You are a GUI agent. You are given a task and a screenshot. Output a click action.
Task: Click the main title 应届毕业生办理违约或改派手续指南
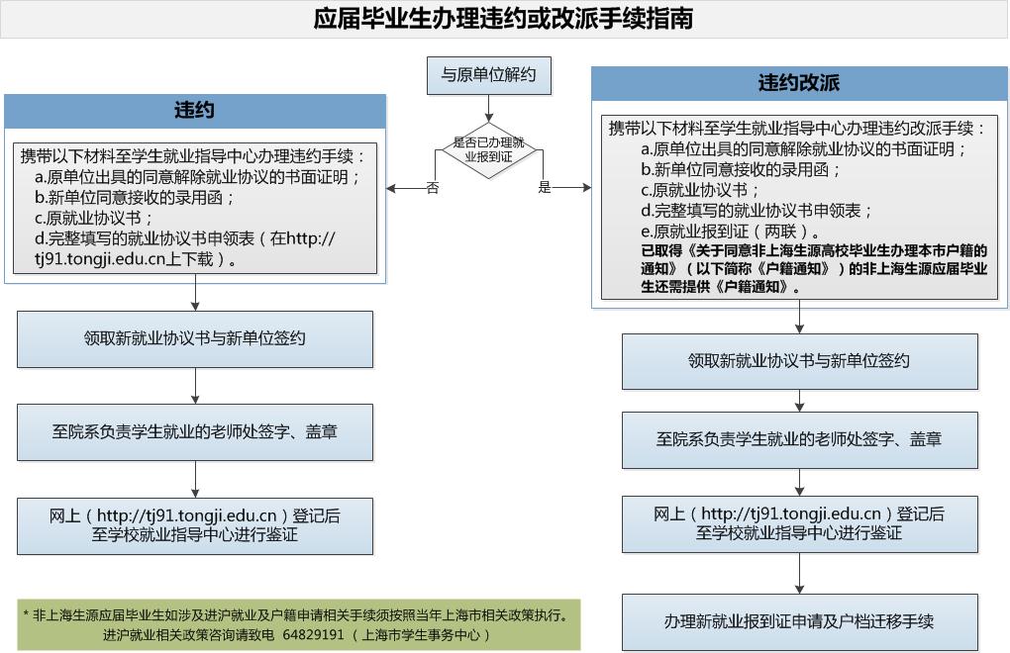(x=504, y=19)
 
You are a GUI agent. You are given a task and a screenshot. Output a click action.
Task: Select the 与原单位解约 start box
(x=488, y=75)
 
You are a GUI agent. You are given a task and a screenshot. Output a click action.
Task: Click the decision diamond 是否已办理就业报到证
(x=487, y=149)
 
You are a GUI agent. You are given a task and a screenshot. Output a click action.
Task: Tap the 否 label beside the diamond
(x=433, y=188)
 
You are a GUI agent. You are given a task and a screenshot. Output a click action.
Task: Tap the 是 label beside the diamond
(x=545, y=187)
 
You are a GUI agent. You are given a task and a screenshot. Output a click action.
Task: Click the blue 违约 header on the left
(x=195, y=111)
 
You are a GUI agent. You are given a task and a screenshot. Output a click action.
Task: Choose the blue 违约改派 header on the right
(x=799, y=83)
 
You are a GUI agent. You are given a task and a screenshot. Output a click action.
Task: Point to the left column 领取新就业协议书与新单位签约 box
(x=195, y=338)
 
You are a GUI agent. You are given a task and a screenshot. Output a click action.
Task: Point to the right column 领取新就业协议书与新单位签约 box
(x=799, y=361)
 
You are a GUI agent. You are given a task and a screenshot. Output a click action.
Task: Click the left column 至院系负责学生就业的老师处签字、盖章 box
(x=195, y=432)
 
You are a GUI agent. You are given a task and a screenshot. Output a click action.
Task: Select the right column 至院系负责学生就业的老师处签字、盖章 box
(x=799, y=439)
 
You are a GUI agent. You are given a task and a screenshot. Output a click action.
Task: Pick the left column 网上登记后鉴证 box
(x=195, y=525)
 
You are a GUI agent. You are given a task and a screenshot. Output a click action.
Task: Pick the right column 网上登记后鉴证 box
(x=799, y=523)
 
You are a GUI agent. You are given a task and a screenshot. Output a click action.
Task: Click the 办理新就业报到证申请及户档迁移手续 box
(x=799, y=621)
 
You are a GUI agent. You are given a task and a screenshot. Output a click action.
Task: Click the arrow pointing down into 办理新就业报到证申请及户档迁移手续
(x=800, y=573)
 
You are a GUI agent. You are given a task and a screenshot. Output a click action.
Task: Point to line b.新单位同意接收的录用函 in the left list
(x=135, y=197)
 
